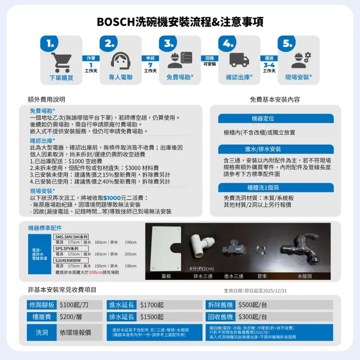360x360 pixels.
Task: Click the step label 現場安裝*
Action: (x=298, y=77)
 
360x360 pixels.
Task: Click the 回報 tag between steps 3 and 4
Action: (x=209, y=58)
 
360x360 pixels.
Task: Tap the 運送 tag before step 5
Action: (x=269, y=58)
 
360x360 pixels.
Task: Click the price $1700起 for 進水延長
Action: (x=152, y=305)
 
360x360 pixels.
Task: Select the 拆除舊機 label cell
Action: (x=221, y=305)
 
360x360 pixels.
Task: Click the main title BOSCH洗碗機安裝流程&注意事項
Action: (x=180, y=22)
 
